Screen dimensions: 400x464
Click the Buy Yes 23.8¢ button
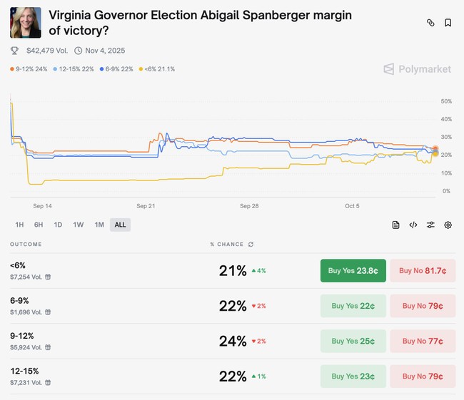click(353, 271)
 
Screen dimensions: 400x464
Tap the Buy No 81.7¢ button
click(423, 271)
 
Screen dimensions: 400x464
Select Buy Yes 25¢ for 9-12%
click(353, 341)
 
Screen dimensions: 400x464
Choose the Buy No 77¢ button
click(423, 341)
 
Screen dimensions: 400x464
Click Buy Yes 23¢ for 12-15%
click(353, 376)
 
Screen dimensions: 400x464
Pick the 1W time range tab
click(79, 225)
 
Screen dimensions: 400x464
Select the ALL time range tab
click(120, 225)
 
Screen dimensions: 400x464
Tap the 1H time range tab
click(19, 225)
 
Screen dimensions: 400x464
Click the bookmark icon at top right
click(448, 23)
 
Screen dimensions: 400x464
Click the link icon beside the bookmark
click(430, 23)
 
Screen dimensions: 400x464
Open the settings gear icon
click(448, 225)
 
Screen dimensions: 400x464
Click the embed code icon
click(413, 225)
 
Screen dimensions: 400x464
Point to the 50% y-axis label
click(446, 101)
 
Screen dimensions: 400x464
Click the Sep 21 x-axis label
click(146, 206)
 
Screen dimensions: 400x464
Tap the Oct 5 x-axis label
click(352, 206)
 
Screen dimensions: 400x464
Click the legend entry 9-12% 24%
click(29, 69)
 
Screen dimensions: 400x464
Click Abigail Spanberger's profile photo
click(25, 23)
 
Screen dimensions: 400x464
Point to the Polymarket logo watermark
click(417, 69)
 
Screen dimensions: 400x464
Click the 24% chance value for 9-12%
click(233, 341)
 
